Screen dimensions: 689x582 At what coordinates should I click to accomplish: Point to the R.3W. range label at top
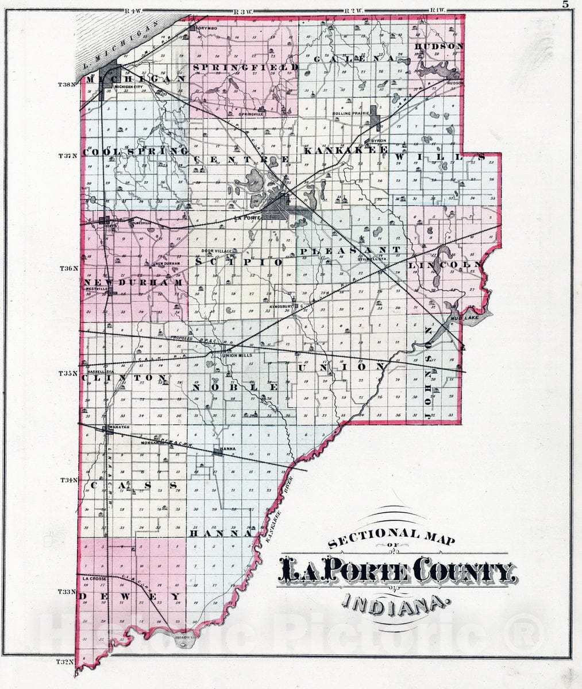[238, 11]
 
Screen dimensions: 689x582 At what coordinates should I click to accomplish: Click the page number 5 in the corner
[565, 5]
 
